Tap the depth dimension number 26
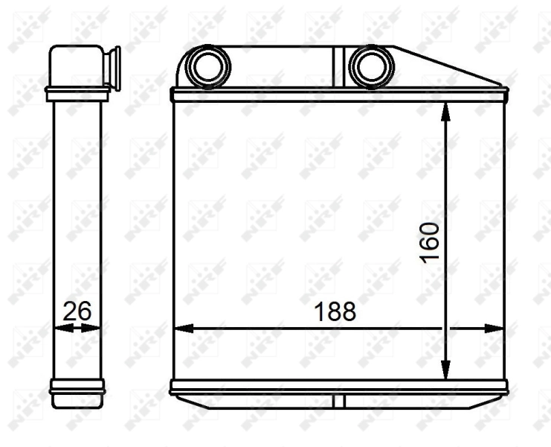(77, 311)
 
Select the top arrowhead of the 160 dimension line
(445, 112)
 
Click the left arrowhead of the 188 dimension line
(181, 328)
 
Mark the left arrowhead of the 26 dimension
(59, 328)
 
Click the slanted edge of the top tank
(449, 67)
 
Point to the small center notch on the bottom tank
(339, 402)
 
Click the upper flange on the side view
(77, 94)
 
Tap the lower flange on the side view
(77, 387)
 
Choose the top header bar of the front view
(339, 95)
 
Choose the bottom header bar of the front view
(339, 387)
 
